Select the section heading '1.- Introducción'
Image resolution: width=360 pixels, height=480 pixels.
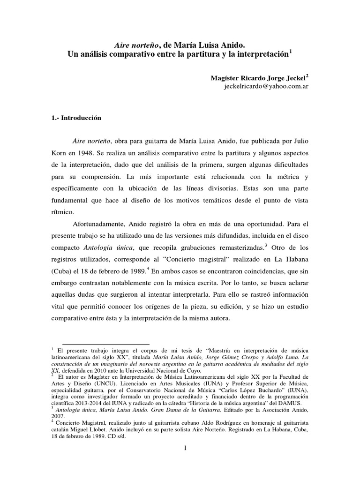click(76, 119)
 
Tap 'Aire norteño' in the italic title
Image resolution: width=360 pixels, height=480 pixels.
click(136, 45)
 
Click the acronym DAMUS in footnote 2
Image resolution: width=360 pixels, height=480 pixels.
click(289, 403)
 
